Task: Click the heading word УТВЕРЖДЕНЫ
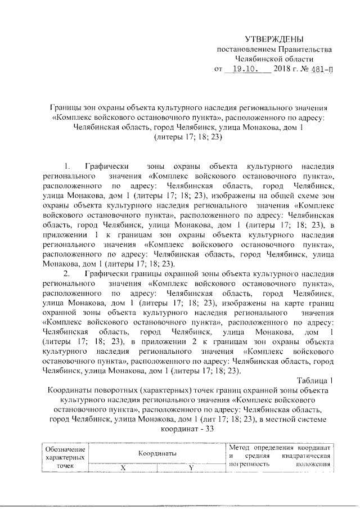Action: (x=274, y=39)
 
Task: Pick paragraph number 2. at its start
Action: (x=67, y=273)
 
